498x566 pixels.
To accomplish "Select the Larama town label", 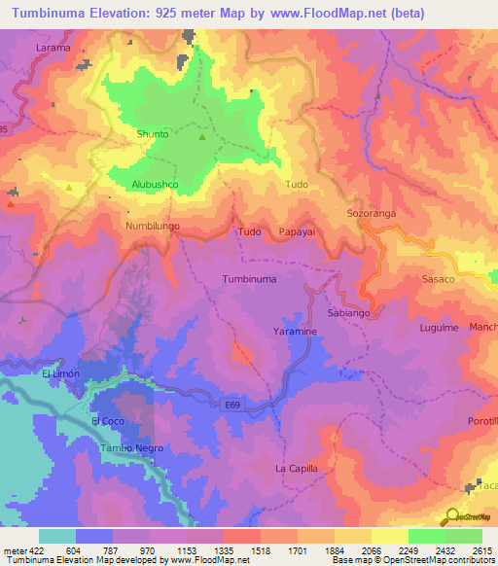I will tap(53, 47).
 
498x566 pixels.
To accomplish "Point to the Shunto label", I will tap(153, 134).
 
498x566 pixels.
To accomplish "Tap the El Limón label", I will tap(58, 373).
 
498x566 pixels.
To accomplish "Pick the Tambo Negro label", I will tap(132, 448).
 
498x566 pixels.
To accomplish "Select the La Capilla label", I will tap(297, 469).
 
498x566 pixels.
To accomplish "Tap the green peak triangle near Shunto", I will tap(202, 136).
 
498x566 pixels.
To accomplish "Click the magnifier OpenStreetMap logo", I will tap(452, 517).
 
